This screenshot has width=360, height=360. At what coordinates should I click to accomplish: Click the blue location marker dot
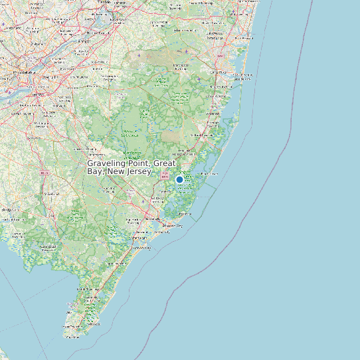coord(179,179)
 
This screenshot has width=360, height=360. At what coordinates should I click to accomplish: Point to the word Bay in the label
coord(96,172)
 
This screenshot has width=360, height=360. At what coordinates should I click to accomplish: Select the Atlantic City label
coord(174,226)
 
